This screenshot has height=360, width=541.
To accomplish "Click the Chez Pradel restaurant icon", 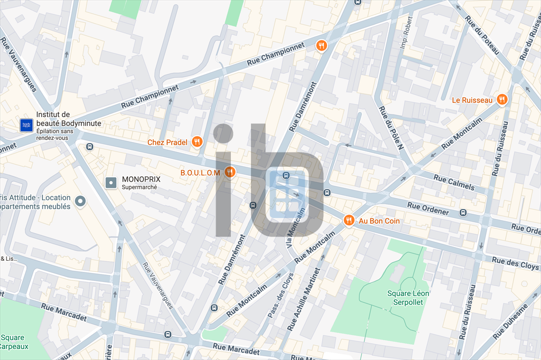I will (197, 141).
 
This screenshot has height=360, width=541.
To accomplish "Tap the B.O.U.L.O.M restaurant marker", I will (229, 172).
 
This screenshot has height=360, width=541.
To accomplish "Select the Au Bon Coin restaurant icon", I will (349, 221).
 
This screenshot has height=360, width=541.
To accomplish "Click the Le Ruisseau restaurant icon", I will (502, 99).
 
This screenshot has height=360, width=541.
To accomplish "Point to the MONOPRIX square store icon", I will (111, 183).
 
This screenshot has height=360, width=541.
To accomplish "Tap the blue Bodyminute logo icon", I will (26, 125).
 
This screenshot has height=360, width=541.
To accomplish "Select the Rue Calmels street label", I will (454, 182).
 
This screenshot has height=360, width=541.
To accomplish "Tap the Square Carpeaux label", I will (13, 342).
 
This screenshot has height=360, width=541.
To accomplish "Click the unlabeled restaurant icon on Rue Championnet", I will (321, 46).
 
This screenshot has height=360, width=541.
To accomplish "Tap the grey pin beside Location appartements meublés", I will (80, 201).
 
